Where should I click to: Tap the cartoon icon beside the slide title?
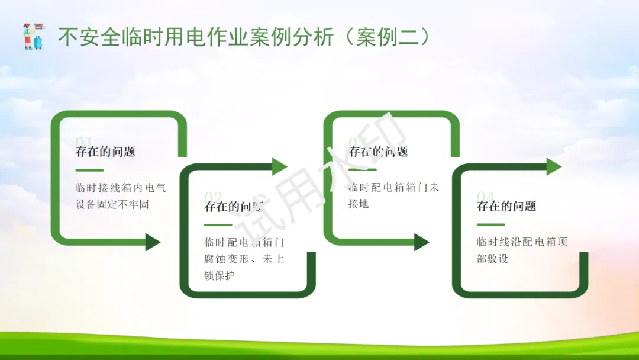point(33,36)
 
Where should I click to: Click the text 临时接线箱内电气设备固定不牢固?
point(121,196)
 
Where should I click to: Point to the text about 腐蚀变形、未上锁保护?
point(244,259)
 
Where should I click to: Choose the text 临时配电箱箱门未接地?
point(393,196)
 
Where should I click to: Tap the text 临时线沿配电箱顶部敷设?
point(522,250)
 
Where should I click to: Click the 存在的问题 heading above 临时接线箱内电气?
point(105,152)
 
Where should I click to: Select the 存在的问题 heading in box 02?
point(234,207)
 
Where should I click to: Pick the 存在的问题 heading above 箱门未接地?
point(379,152)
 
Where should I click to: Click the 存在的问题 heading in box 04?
point(506,207)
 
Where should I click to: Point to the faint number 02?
point(213,197)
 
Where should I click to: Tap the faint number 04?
point(486,197)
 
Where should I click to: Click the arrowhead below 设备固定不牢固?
point(153,242)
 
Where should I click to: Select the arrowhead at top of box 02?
point(279,167)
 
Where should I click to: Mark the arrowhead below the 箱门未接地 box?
point(421,242)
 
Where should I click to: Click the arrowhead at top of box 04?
point(554,167)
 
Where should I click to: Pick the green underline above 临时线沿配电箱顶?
point(490,225)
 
